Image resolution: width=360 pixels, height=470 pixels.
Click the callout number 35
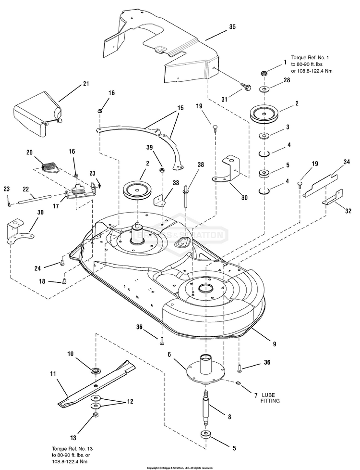coord(232,27)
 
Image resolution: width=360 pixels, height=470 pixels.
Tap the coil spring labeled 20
coord(48,166)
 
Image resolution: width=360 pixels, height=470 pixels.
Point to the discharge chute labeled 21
coord(38,112)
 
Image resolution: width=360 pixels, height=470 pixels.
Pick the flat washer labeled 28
coord(264,89)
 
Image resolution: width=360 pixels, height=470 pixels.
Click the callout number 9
coord(274,344)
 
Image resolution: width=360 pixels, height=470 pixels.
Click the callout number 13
coord(73,438)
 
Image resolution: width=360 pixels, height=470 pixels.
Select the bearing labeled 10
coord(97,370)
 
